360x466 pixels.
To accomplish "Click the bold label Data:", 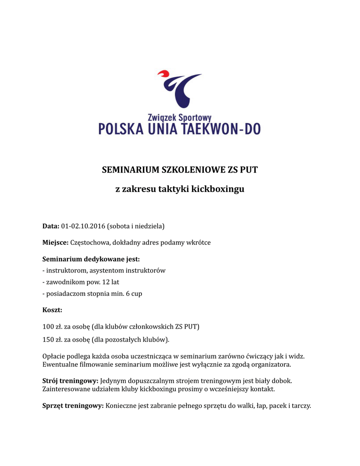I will [51, 226].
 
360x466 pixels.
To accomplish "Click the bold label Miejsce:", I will [56, 243].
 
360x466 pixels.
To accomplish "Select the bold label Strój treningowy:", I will [70, 380].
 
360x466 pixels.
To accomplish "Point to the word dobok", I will [281, 380].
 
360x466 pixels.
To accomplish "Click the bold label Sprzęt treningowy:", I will [73, 406].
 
